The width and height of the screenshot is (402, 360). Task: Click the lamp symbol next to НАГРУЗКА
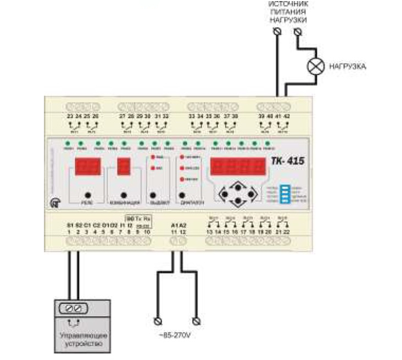[x=315, y=66]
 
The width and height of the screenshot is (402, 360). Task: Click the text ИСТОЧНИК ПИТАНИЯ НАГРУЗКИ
[x=288, y=12]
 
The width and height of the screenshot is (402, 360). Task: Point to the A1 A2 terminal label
[x=179, y=225]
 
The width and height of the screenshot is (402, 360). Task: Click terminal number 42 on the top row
[x=287, y=117]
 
